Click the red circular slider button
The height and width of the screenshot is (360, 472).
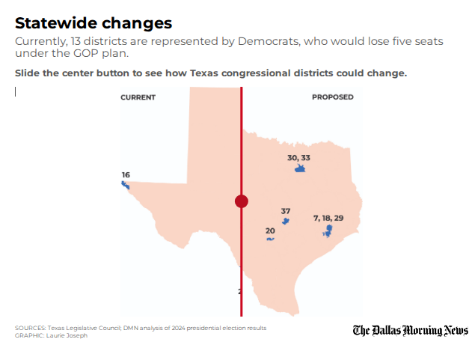pyautogui.click(x=241, y=201)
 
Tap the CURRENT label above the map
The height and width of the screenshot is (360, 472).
pyautogui.click(x=138, y=97)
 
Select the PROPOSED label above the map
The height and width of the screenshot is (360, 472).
pyautogui.click(x=333, y=97)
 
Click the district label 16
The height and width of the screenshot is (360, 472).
pyautogui.click(x=126, y=174)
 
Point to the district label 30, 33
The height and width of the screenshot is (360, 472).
pyautogui.click(x=298, y=158)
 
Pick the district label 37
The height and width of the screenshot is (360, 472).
pyautogui.click(x=285, y=211)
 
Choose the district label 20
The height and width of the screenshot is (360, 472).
pyautogui.click(x=270, y=231)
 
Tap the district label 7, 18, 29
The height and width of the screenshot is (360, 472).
pyautogui.click(x=328, y=217)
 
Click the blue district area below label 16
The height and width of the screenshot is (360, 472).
pyautogui.click(x=126, y=185)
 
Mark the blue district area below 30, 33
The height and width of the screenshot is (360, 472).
pyautogui.click(x=300, y=170)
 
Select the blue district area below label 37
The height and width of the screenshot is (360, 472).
pyautogui.click(x=285, y=221)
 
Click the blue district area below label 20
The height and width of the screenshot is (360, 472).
pyautogui.click(x=270, y=239)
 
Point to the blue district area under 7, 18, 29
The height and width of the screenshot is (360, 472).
pyautogui.click(x=328, y=230)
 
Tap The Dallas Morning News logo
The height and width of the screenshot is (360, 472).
pyautogui.click(x=411, y=330)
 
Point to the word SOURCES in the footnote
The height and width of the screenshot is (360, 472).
pyautogui.click(x=30, y=328)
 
